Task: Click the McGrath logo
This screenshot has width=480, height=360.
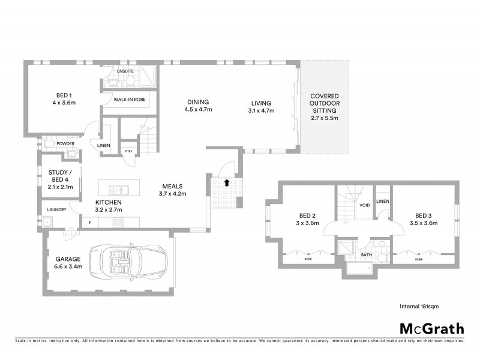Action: (432, 328)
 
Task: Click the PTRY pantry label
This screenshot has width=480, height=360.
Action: (128, 151)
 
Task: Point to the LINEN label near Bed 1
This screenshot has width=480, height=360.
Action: (103, 146)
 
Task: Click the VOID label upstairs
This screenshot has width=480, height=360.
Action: (364, 205)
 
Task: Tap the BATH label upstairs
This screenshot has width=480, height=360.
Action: (368, 254)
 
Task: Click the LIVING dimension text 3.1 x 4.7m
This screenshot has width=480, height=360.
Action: (261, 110)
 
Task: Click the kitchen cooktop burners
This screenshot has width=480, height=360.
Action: (118, 223)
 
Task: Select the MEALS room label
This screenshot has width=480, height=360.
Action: (171, 186)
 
